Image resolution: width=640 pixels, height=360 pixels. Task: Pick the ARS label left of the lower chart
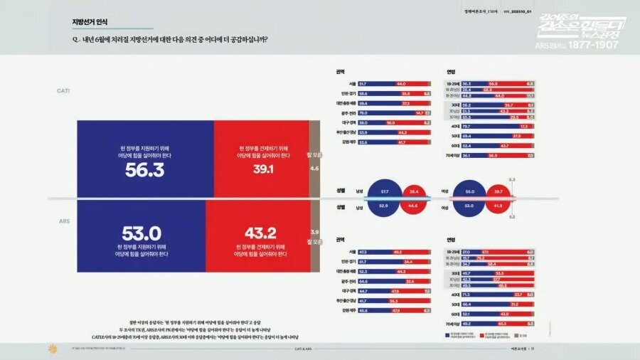[x=63, y=221]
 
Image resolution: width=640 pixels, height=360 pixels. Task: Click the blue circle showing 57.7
[x=385, y=192]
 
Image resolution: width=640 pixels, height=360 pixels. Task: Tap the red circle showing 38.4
[x=414, y=192]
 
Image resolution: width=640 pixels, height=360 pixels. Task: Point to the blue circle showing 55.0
[x=470, y=192]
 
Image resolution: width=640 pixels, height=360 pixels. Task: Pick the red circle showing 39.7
[x=498, y=192]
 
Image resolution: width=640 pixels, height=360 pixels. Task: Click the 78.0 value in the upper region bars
[x=363, y=112]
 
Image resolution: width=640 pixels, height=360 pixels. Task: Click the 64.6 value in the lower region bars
[x=363, y=282]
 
